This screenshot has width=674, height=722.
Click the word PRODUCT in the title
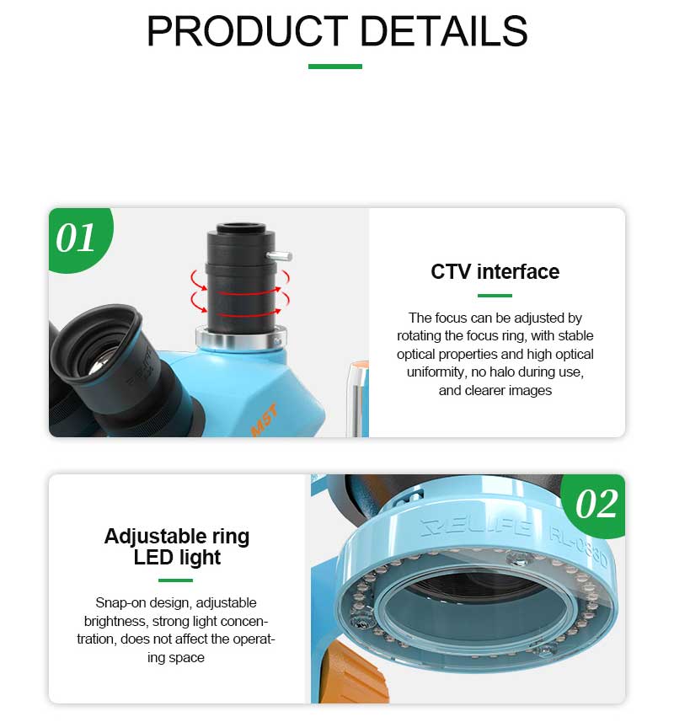(247, 31)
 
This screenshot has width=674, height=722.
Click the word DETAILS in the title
(444, 31)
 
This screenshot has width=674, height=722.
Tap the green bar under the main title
(335, 67)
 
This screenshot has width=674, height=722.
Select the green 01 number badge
(79, 238)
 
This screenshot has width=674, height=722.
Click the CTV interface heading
(495, 271)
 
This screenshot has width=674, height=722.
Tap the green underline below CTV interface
(495, 295)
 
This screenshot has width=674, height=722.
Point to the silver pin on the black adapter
(280, 255)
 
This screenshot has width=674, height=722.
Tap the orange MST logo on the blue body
(265, 420)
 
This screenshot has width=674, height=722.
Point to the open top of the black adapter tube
(240, 227)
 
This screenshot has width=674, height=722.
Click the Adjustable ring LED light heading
(177, 547)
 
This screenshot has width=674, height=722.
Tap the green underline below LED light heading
(175, 580)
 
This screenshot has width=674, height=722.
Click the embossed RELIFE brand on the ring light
(477, 528)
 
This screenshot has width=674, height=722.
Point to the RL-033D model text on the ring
(578, 548)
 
